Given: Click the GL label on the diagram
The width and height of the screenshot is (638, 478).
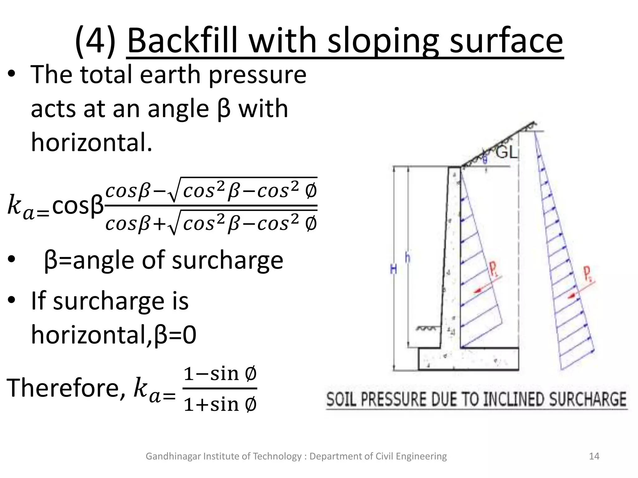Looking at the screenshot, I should click(506, 153).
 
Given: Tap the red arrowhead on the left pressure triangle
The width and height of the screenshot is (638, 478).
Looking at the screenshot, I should click(477, 291).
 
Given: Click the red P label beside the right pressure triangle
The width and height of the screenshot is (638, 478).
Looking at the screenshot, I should click(587, 274).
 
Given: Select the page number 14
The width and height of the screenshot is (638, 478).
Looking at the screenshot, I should click(594, 456).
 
